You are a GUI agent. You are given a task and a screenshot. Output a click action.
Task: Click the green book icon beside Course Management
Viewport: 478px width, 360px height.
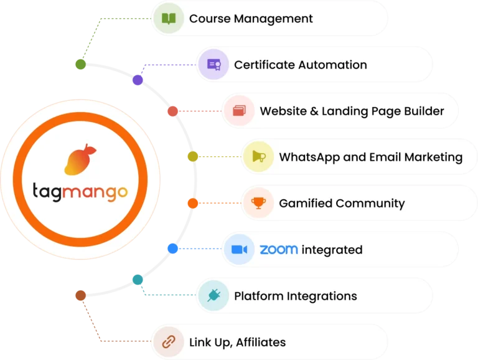(x=169, y=18)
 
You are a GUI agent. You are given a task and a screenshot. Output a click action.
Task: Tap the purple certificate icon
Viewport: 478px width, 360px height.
(x=213, y=65)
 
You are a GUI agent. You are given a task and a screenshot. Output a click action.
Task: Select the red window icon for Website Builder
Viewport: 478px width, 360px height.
(x=240, y=111)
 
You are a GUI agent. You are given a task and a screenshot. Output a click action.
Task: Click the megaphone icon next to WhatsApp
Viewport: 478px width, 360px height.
(x=258, y=157)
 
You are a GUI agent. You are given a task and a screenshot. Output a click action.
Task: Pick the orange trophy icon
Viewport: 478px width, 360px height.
(x=258, y=203)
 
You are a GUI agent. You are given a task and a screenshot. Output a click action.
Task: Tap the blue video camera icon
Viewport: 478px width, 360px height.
(x=240, y=250)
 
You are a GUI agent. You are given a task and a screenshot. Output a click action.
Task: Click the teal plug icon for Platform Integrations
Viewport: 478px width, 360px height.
(x=213, y=296)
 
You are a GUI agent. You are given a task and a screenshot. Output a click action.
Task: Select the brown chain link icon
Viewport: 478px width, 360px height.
(x=169, y=342)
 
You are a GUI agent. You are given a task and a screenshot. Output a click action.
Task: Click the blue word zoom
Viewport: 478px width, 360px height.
(x=278, y=250)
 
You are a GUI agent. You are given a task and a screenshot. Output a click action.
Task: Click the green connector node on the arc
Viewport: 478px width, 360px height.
(x=80, y=64)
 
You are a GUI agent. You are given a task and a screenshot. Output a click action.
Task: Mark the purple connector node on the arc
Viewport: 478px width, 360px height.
(x=138, y=80)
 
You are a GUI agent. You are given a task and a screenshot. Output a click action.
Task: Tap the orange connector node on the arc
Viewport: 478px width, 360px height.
(x=193, y=203)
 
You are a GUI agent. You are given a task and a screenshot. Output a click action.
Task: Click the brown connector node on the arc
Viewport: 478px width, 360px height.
(x=80, y=295)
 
